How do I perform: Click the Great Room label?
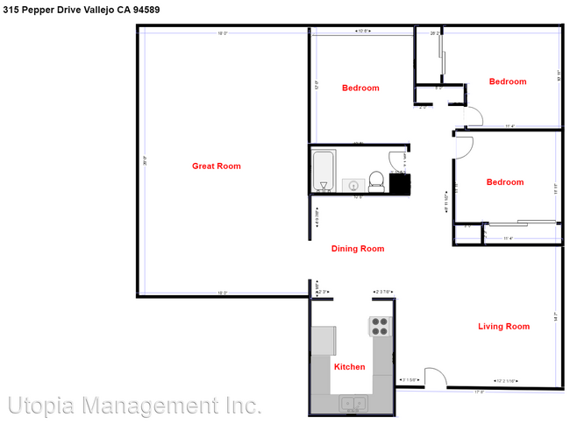point(216,166)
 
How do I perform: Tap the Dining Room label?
point(358,249)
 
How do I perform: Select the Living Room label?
point(503,327)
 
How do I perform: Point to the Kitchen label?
point(349,367)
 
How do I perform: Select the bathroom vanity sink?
point(353,185)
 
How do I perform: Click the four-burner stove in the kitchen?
point(380,326)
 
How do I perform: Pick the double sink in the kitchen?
point(353,404)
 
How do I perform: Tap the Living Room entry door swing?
point(435,377)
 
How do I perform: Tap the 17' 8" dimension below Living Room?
point(480,392)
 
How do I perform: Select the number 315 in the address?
point(11,10)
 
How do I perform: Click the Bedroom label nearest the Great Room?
point(360,88)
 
